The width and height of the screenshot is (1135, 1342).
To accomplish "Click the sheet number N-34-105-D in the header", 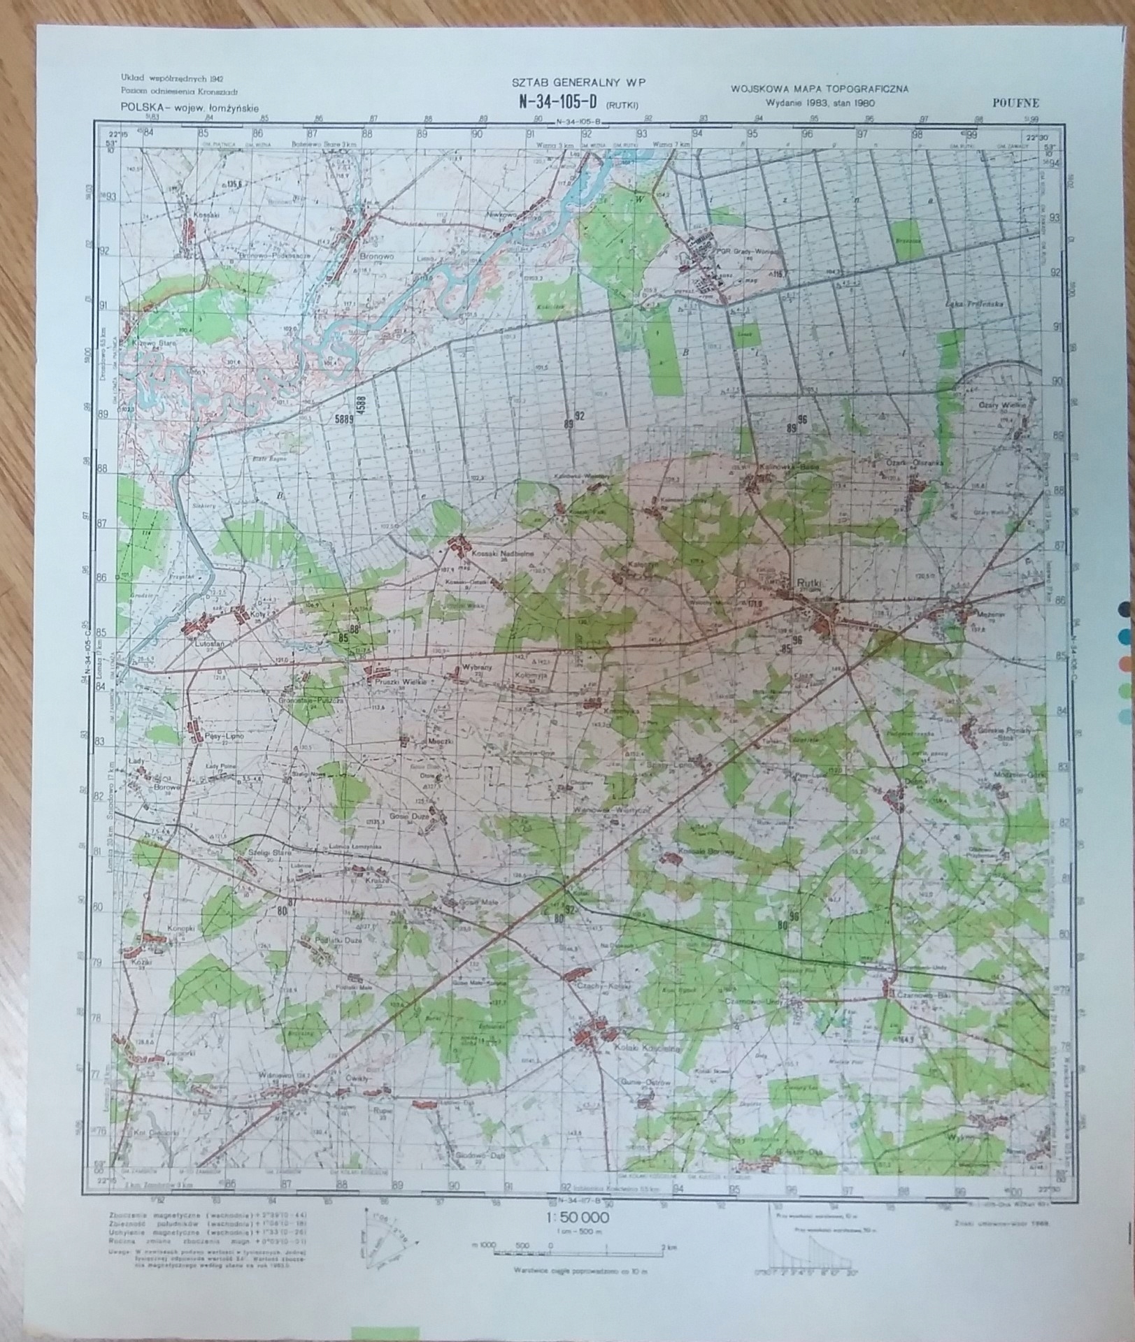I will tap(557, 101).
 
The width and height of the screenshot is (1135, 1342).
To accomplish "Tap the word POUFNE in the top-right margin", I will tap(1015, 103).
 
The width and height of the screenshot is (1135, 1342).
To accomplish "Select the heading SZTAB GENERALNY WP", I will tap(579, 82).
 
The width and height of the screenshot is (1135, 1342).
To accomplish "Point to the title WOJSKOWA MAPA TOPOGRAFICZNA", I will tap(819, 89).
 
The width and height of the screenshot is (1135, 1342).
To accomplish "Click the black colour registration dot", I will tap(1124, 609).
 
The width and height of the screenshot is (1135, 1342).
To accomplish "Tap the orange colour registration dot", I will tap(1124, 661).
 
